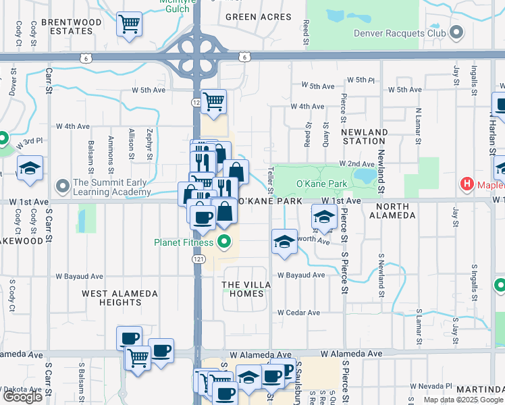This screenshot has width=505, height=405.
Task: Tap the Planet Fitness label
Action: [184, 243]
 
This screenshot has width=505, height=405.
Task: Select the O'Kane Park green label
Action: [321, 184]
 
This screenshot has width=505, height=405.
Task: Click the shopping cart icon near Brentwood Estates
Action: [128, 25]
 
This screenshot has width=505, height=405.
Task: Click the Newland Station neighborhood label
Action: [364, 137]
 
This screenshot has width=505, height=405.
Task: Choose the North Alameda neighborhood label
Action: [392, 211]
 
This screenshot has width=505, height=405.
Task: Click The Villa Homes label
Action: [246, 290]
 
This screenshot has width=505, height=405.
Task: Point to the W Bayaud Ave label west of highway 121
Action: [79, 276]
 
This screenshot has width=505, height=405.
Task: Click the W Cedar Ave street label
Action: [298, 313]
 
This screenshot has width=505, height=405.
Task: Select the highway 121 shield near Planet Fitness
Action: [198, 259]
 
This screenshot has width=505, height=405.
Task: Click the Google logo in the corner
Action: [22, 397]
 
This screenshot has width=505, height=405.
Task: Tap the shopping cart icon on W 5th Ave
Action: [213, 102]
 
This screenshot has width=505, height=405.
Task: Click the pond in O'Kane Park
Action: [365, 175]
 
